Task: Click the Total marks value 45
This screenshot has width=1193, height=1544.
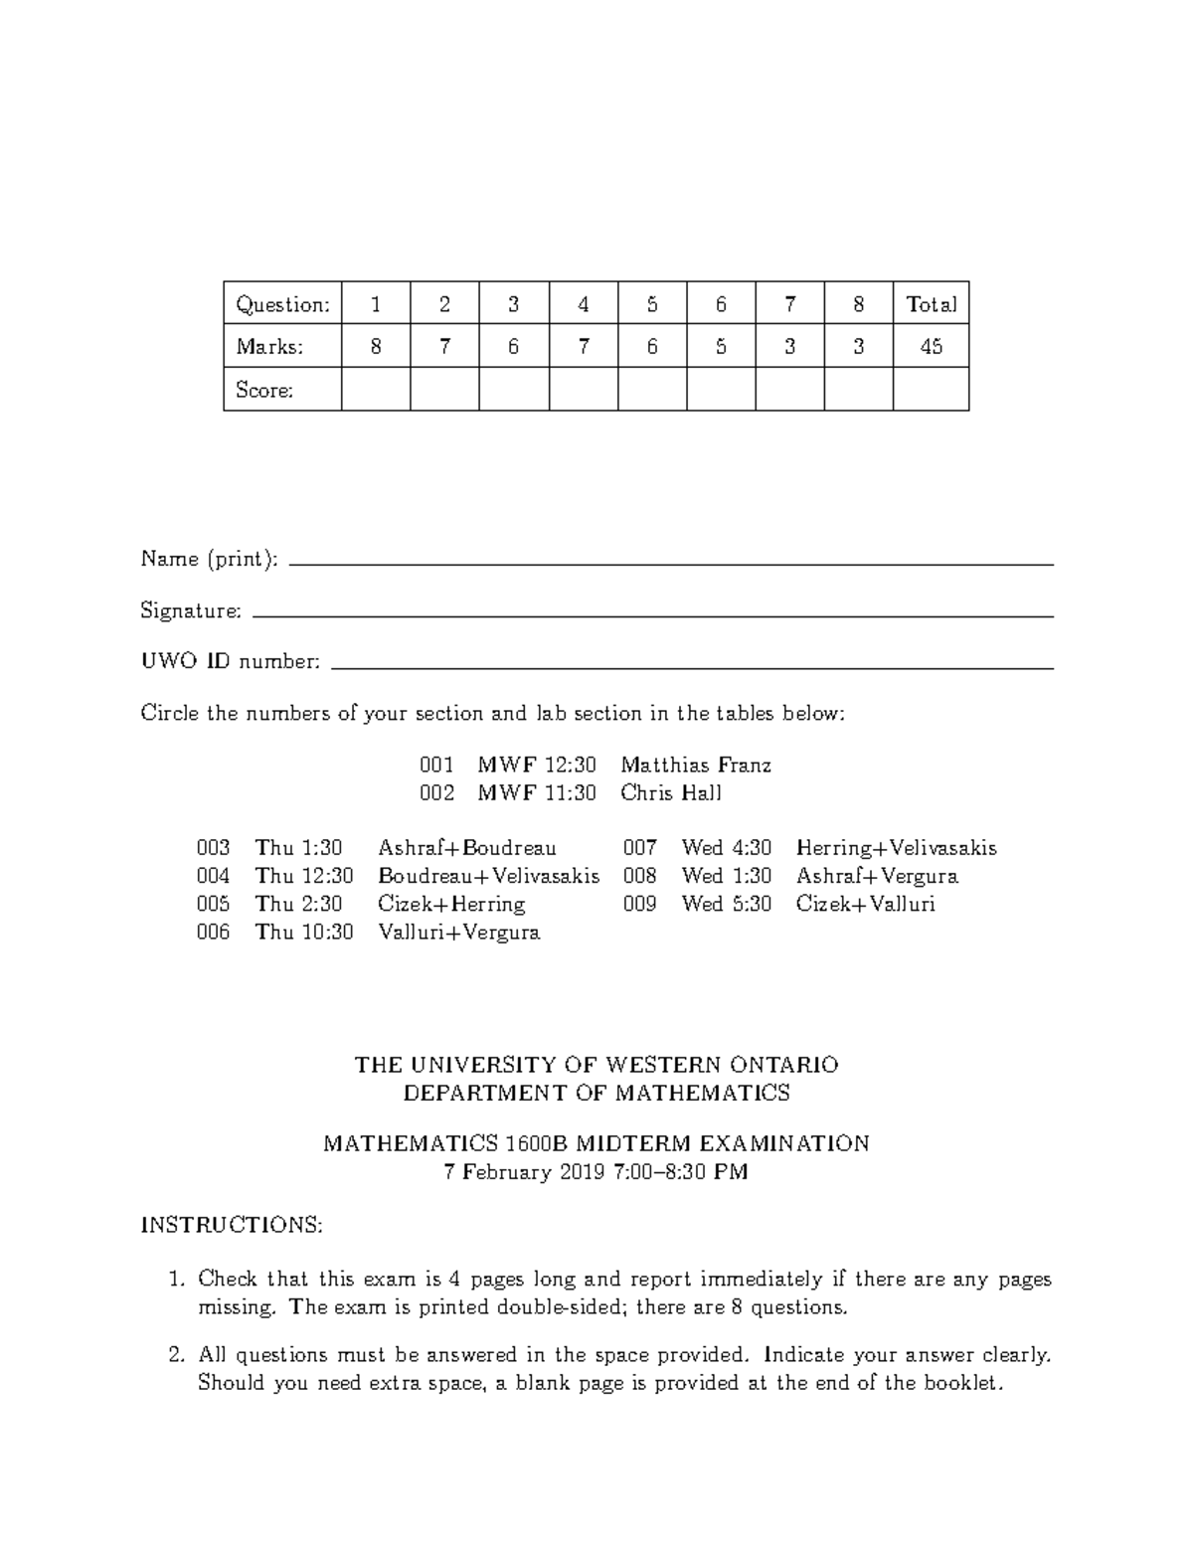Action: [x=931, y=347]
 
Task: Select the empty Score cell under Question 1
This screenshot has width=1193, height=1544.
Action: [x=376, y=389]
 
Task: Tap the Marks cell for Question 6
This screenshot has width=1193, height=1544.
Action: [x=721, y=347]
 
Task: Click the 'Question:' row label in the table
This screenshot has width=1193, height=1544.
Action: [x=282, y=305]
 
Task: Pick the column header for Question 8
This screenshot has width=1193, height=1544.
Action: [x=858, y=305]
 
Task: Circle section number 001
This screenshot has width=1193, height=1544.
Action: [x=436, y=766]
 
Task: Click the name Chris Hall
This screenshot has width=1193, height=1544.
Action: [x=671, y=793]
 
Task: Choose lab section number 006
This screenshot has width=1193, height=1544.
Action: [x=214, y=933]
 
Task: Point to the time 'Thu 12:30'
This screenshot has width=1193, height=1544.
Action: [x=303, y=877]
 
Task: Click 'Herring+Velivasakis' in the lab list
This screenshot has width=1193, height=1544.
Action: [x=896, y=849]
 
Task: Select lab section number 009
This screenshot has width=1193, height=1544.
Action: [x=639, y=905]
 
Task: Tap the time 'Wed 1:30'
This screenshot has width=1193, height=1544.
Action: [x=726, y=877]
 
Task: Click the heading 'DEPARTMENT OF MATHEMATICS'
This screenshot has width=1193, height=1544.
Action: [x=596, y=1094]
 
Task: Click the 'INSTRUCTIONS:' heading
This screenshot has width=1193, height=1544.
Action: [x=232, y=1225]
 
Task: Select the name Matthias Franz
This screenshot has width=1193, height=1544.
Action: [x=696, y=766]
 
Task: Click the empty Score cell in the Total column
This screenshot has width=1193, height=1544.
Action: [x=931, y=389]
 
